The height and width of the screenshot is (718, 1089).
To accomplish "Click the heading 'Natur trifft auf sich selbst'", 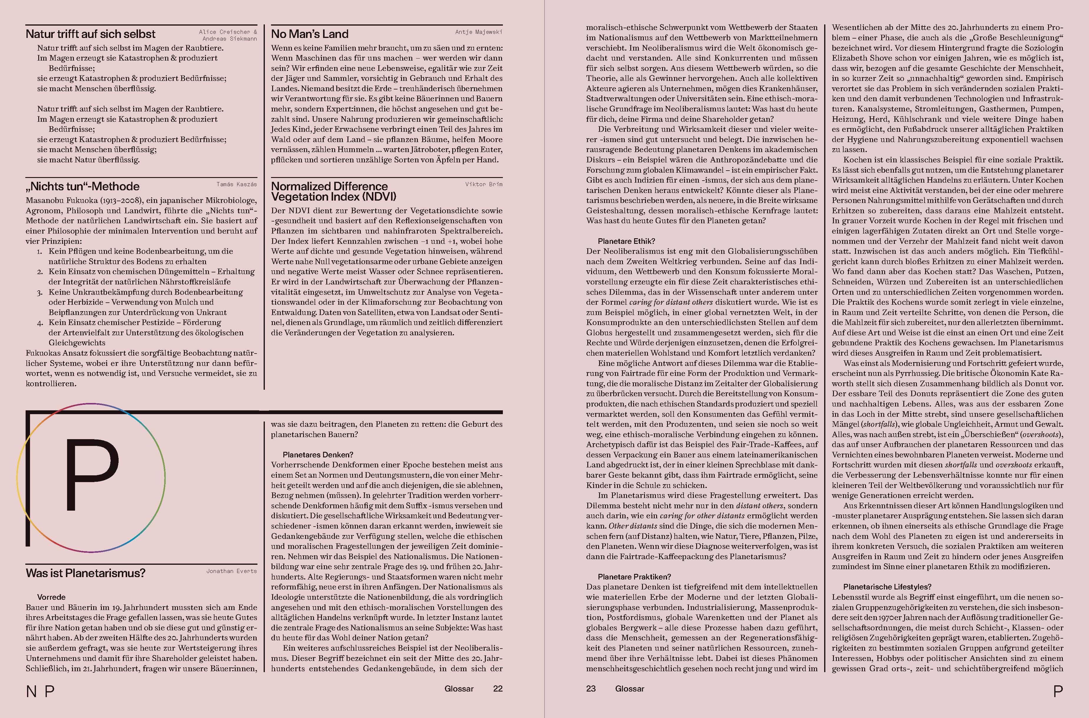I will (x=90, y=34).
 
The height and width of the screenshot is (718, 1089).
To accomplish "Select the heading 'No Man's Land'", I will (x=310, y=34).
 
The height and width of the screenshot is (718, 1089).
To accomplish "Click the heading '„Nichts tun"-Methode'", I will (x=82, y=186).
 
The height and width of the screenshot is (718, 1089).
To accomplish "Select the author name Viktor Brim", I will (x=484, y=184).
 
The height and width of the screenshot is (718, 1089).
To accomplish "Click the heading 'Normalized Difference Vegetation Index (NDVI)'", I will (x=333, y=191).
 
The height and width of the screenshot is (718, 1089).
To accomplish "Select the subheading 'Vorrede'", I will (x=51, y=597).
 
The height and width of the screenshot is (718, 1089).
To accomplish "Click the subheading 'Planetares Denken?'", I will (x=318, y=455).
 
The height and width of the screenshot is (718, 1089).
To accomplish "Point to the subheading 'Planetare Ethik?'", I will (x=626, y=241).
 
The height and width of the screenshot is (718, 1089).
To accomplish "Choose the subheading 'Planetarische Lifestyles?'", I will (x=887, y=587).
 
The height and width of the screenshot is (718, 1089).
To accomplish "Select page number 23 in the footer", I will (x=591, y=688).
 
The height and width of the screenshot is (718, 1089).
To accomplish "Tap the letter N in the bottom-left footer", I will (x=31, y=691).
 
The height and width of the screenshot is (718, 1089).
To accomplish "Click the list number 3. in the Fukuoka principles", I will (x=40, y=292).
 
